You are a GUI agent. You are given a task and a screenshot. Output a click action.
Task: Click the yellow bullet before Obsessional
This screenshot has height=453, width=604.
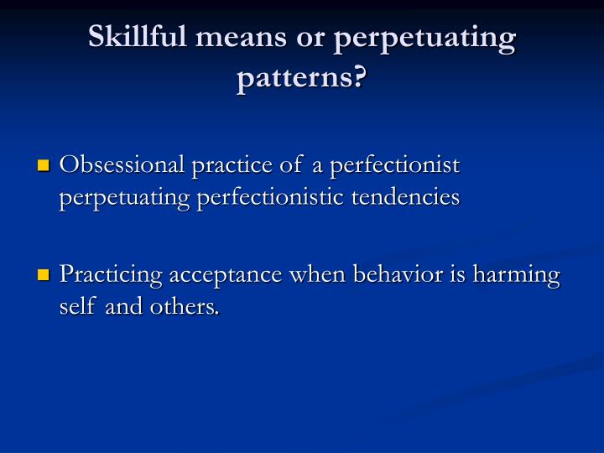click(x=44, y=166)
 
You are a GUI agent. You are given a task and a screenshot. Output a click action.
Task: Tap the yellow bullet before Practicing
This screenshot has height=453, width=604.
click(x=44, y=277)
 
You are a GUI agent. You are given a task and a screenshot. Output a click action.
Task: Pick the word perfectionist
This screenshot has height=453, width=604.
click(x=395, y=165)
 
